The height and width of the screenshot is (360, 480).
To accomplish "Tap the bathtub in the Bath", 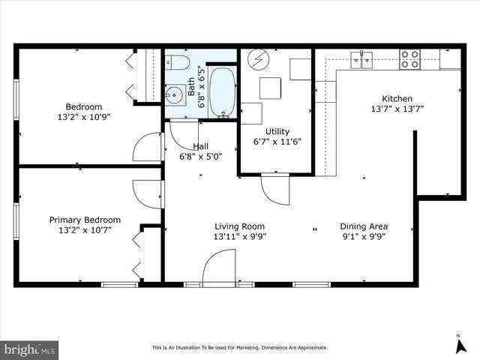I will coord(221,92).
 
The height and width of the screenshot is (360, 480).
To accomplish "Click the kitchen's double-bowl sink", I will coord(363,59).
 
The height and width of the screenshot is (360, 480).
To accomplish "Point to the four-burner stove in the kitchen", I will coord(409,59).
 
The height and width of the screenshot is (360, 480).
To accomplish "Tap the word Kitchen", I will coord(397,98).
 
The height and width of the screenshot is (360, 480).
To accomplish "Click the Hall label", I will coord(201,146).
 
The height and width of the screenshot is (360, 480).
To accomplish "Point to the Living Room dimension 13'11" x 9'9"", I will coord(240,236).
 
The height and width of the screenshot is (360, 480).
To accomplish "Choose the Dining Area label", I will coord(363,226).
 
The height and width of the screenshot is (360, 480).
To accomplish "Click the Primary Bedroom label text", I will coord(85,220).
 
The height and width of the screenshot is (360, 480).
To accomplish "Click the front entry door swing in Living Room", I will coord(219,267).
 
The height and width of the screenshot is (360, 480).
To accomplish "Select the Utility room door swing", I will coord(274,189).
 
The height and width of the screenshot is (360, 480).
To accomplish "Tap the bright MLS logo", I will coord(30,349).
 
